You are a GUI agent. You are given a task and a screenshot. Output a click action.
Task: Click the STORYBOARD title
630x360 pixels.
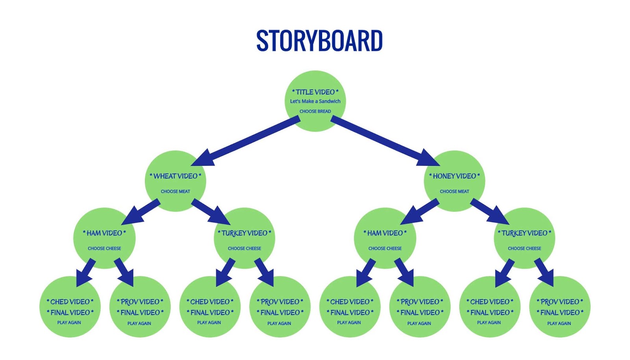click(319, 41)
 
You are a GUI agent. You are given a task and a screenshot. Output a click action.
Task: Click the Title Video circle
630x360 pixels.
click(315, 101)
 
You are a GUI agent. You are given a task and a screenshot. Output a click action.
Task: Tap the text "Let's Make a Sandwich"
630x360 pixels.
click(315, 101)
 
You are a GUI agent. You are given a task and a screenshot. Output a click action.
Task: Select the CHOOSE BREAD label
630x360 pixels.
click(315, 111)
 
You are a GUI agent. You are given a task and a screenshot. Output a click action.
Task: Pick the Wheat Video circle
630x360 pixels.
click(176, 181)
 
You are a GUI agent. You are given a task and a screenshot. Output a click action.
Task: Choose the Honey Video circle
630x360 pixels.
click(454, 181)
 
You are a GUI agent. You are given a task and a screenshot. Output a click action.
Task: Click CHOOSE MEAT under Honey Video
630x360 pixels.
click(454, 191)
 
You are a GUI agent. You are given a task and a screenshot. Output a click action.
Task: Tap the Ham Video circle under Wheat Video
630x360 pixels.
click(104, 238)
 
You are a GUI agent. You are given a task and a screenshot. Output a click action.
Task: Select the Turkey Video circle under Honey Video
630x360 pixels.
click(524, 238)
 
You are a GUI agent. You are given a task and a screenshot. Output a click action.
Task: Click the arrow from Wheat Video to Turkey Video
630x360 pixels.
click(211, 212)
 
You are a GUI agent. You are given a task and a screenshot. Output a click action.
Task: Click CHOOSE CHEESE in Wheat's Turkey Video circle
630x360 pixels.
click(245, 249)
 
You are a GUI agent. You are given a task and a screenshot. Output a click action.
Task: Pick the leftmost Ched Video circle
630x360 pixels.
click(70, 306)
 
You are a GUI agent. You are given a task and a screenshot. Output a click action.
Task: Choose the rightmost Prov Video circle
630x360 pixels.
click(560, 306)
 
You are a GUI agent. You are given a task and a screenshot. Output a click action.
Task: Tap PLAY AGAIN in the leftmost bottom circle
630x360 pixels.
click(69, 323)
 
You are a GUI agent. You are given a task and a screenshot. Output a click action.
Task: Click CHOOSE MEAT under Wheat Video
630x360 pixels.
click(176, 191)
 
